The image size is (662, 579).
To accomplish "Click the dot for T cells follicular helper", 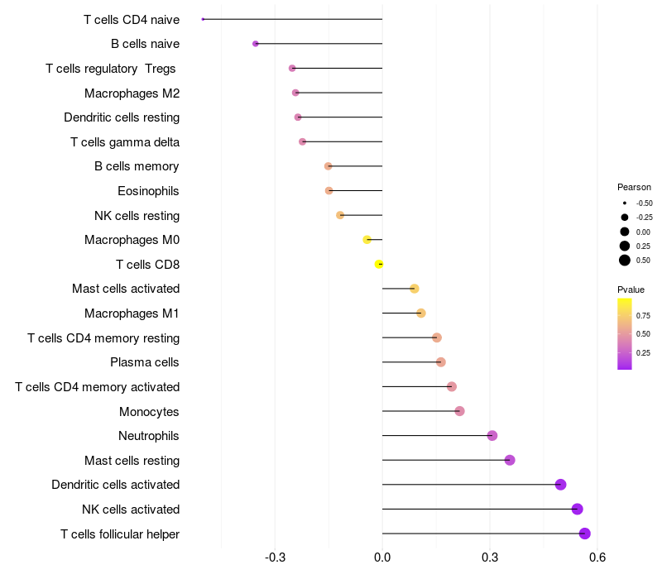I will pyautogui.click(x=585, y=534).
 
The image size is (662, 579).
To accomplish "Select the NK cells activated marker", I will pyautogui.click(x=578, y=510).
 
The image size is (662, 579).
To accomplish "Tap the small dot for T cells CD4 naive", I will pyautogui.click(x=203, y=19).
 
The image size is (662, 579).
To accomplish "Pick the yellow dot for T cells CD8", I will pyautogui.click(x=379, y=264).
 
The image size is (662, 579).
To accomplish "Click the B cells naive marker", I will pyautogui.click(x=256, y=44).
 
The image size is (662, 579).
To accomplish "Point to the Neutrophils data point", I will pyautogui.click(x=492, y=436).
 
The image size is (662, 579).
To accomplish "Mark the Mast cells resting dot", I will pyautogui.click(x=510, y=460).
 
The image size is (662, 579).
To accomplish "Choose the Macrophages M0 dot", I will pyautogui.click(x=367, y=240).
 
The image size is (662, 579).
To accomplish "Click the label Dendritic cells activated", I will pyautogui.click(x=115, y=485).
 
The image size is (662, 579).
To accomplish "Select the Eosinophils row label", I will pyautogui.click(x=148, y=191).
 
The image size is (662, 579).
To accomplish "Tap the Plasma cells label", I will pyautogui.click(x=145, y=362).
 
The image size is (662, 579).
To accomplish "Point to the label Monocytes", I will pyautogui.click(x=149, y=411).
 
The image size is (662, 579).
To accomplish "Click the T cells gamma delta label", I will pyautogui.click(x=125, y=142).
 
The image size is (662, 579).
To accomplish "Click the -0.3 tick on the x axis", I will pyautogui.click(x=275, y=557).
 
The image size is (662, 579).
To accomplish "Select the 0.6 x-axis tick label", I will pyautogui.click(x=597, y=557).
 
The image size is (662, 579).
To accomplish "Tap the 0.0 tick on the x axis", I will pyautogui.click(x=382, y=557).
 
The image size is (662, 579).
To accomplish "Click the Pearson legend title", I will pyautogui.click(x=634, y=187).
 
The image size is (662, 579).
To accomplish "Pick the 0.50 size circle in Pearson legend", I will pyautogui.click(x=625, y=261).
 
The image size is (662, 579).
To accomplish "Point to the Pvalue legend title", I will pyautogui.click(x=631, y=289).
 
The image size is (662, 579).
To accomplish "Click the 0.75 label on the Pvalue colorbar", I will pyautogui.click(x=643, y=315).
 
